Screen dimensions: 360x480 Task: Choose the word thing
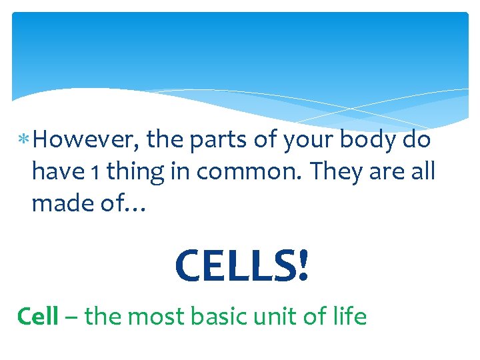tap(137, 172)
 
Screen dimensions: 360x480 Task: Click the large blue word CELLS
tap(233, 265)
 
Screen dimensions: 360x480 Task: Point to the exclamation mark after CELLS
tap(303, 265)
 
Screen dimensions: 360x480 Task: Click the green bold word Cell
tap(37, 315)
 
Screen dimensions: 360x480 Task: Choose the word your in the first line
tap(309, 141)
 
